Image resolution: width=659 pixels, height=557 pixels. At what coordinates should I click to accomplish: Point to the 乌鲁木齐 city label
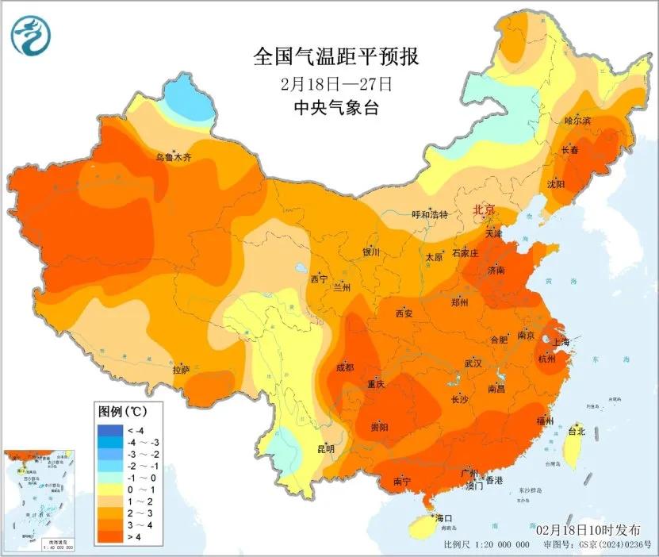(173, 158)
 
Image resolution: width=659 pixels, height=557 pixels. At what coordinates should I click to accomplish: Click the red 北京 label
(483, 209)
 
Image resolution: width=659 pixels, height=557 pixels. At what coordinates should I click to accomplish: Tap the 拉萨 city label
(181, 369)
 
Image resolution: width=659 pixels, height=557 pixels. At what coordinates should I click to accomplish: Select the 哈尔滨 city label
(578, 121)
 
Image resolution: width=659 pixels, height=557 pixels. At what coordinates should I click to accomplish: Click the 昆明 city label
(326, 449)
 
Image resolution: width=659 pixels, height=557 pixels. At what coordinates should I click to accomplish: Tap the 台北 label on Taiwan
(577, 432)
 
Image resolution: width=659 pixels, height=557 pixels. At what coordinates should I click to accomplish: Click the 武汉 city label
(474, 363)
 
